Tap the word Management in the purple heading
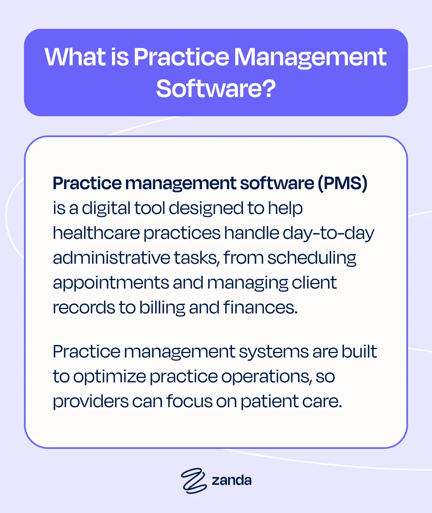click(310, 57)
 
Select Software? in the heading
click(216, 88)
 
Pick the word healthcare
click(96, 233)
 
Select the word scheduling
click(312, 258)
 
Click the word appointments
click(111, 283)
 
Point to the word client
click(314, 283)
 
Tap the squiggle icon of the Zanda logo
click(194, 480)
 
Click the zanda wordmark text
click(232, 480)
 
